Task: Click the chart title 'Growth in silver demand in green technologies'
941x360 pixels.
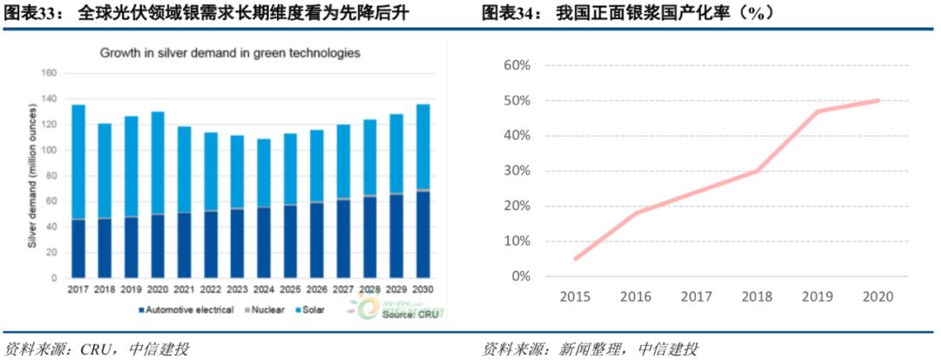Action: click(x=229, y=53)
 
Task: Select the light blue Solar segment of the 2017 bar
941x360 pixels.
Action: click(x=78, y=161)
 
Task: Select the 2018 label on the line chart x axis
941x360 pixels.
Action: click(x=754, y=296)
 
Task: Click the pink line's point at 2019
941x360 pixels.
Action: click(x=816, y=111)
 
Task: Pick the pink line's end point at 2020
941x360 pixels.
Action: click(x=878, y=100)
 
